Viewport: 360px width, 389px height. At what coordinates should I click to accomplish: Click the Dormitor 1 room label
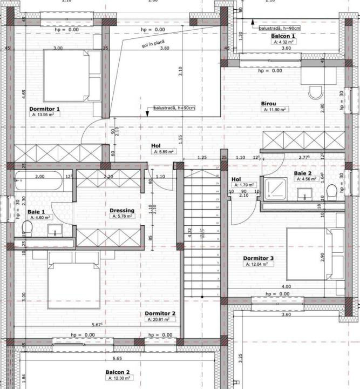click(x=44, y=109)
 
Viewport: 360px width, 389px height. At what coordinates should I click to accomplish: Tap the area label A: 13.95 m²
click(x=45, y=115)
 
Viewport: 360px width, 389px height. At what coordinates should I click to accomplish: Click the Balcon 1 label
click(x=283, y=36)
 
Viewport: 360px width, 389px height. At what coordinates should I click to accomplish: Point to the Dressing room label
click(x=122, y=210)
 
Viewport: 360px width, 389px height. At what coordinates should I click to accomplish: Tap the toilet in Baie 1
click(x=27, y=230)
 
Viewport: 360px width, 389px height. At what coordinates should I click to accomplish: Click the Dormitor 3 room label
click(x=258, y=258)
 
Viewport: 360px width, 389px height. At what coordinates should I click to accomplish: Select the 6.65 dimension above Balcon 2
click(x=117, y=358)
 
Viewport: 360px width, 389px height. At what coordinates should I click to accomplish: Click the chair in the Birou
click(x=316, y=93)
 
